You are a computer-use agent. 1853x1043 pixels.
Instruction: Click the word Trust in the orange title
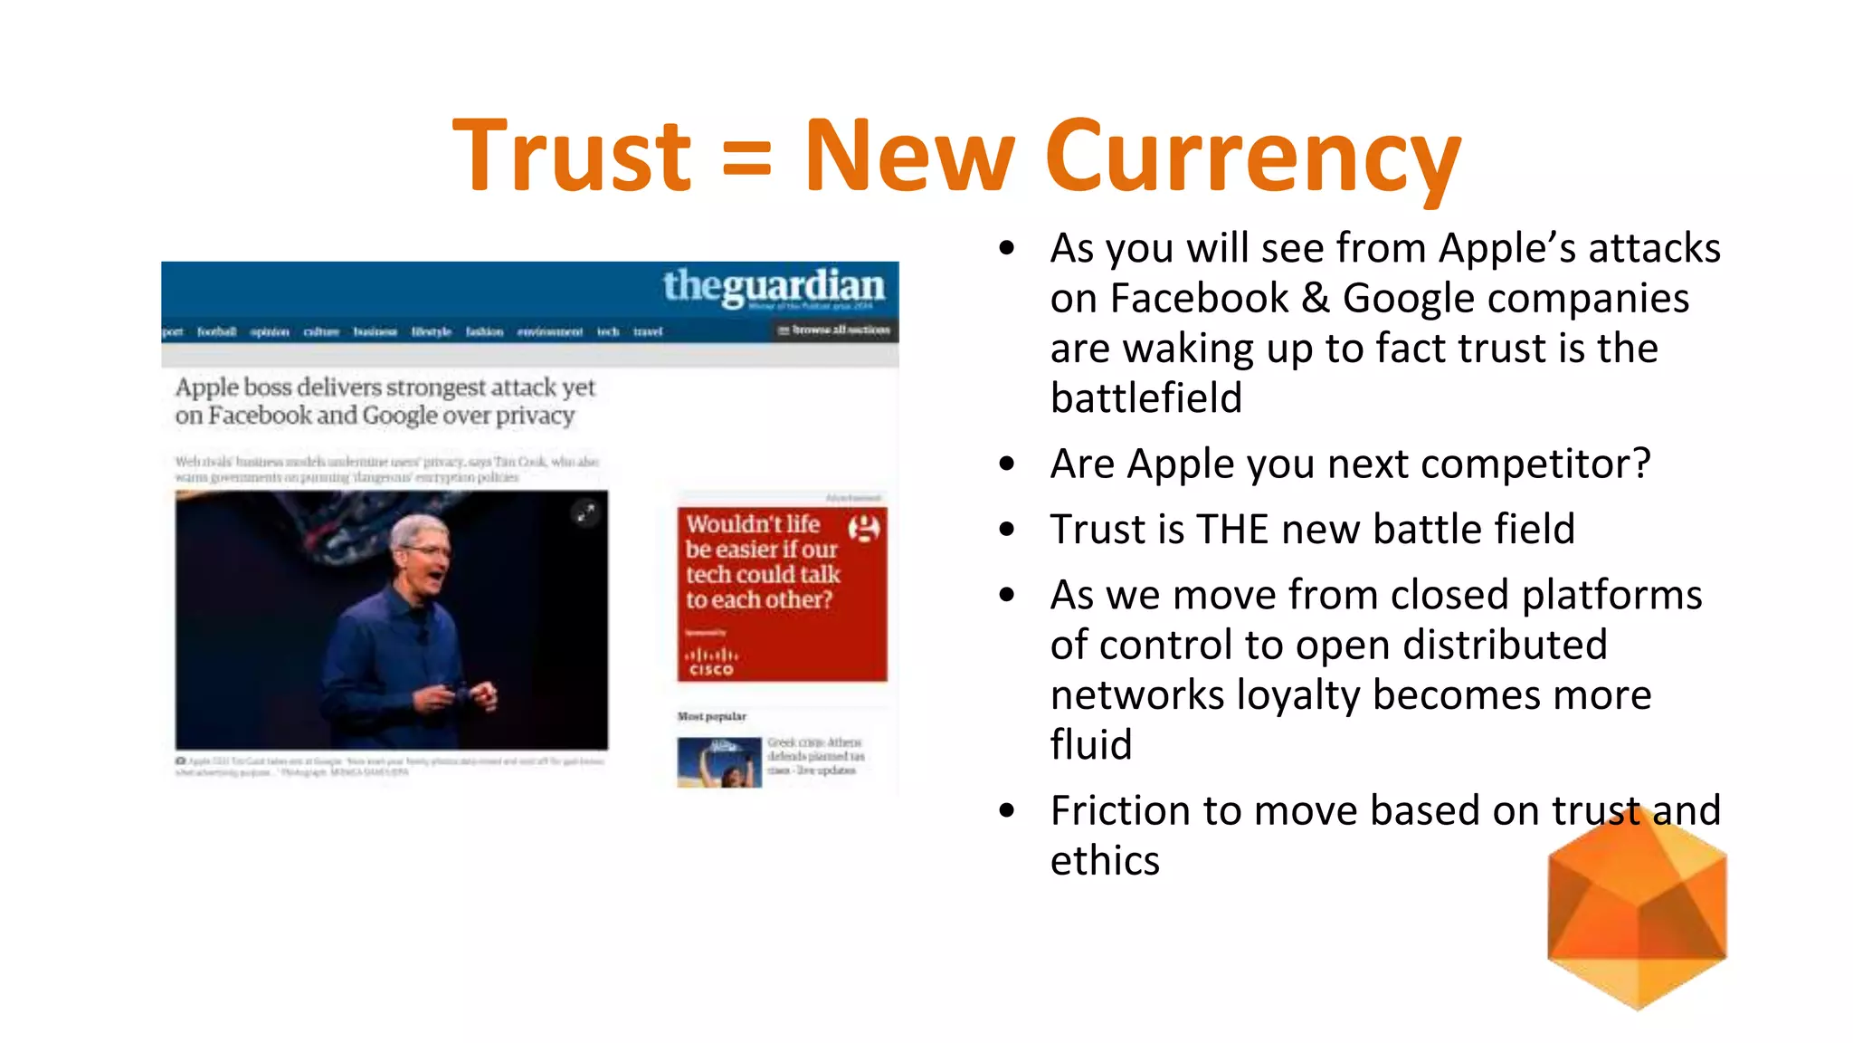572,156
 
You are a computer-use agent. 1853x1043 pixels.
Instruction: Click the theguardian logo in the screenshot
774,286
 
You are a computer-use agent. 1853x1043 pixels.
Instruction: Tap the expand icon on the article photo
586,513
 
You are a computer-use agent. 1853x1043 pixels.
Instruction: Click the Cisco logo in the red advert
711,662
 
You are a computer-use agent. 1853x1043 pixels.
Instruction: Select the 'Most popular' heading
712,716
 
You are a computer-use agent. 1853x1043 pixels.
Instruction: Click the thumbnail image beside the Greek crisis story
719,762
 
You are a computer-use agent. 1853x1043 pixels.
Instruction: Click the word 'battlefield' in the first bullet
1146,398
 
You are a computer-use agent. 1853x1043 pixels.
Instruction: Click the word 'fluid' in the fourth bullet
1091,745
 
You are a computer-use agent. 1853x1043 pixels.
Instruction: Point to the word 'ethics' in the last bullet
1105,861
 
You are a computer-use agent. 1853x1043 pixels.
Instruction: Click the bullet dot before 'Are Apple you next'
1007,464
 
